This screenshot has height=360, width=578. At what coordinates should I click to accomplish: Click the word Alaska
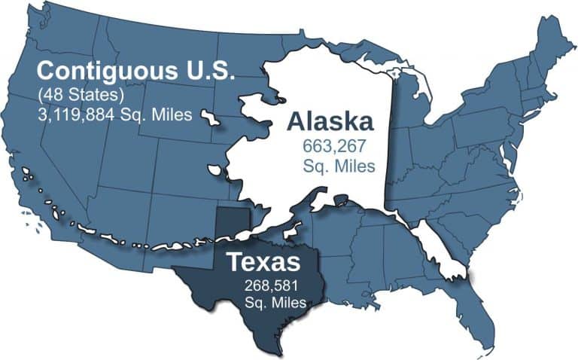(x=329, y=122)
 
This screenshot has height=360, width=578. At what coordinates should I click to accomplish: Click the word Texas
(x=263, y=263)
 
